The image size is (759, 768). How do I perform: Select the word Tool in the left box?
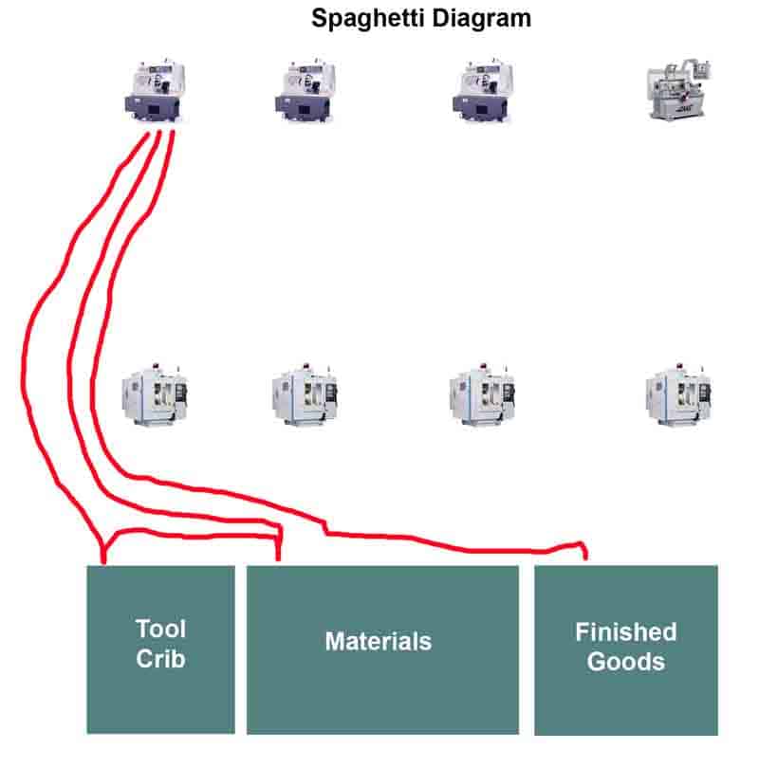160,629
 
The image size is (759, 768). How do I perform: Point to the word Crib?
160,659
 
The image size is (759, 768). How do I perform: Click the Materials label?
378,642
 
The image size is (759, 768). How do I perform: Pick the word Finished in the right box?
625,631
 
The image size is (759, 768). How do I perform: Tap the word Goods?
625,661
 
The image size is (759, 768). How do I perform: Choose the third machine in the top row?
481,90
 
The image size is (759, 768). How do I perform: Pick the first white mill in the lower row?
155,392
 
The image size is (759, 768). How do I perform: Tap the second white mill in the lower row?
304,392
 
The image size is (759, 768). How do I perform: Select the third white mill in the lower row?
481,392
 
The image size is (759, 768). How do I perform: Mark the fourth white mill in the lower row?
676,392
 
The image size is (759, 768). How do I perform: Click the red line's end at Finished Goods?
584,558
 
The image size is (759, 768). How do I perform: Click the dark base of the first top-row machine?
154,108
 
